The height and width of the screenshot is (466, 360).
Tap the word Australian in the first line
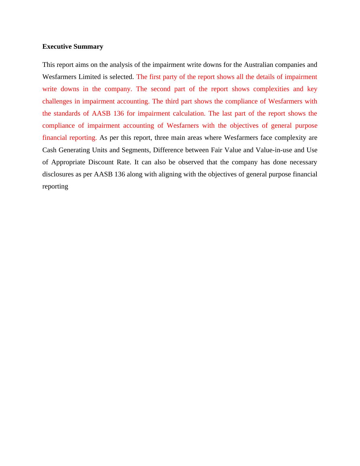[258, 65]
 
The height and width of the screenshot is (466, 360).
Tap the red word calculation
[189, 113]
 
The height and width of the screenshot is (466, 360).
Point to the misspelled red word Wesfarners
[183, 126]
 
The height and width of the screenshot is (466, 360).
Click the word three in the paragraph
[163, 138]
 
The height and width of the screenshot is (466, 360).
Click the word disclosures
[57, 174]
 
